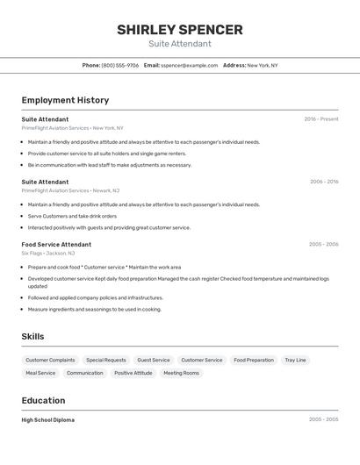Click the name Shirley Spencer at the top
coord(180,29)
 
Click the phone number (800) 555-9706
coord(119,65)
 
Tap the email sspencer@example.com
coord(190,65)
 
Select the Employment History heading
coord(65,100)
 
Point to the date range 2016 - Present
coord(321,119)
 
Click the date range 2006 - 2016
coord(324,182)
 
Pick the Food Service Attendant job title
coord(56,245)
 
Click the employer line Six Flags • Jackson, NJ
coord(48,253)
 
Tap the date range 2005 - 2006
coord(323,245)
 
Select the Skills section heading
coord(32,337)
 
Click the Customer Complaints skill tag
coord(50,360)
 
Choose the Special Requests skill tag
coord(106,360)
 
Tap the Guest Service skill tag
coord(154,360)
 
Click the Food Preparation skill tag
coord(254,360)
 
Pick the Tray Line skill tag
coord(295,360)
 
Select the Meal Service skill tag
coord(40,373)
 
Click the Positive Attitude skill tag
coord(133,373)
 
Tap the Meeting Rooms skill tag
coord(181,373)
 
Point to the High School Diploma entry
coord(48,420)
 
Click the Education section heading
coord(44,400)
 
